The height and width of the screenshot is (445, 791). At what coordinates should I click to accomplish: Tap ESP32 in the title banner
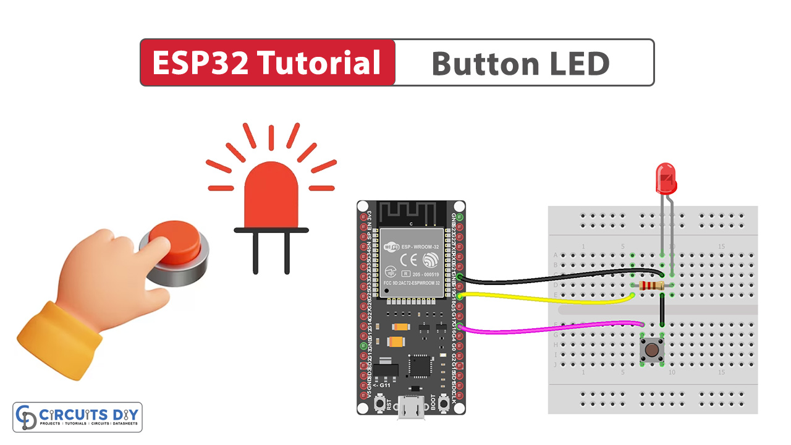[200, 63]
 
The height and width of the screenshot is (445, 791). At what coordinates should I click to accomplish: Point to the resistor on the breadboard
[649, 286]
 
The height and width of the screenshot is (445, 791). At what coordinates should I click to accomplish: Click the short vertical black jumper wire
[662, 310]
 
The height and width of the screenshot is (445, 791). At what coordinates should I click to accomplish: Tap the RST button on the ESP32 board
[378, 404]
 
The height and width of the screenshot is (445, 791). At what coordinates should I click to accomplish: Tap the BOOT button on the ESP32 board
[443, 404]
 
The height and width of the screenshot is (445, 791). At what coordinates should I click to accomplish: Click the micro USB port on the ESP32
[410, 410]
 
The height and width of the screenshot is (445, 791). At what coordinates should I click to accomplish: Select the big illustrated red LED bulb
[270, 198]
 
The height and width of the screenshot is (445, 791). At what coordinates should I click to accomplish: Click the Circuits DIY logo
[77, 417]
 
